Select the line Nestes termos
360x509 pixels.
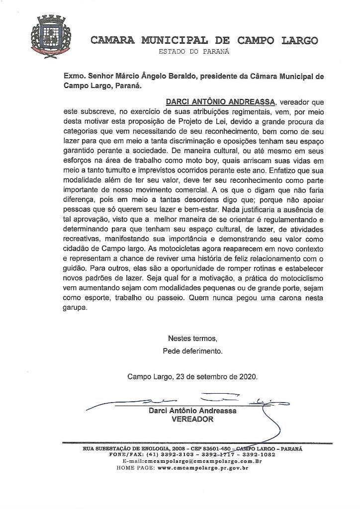click(192, 339)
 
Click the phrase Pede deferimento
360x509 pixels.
click(192, 350)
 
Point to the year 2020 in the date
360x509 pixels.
click(248, 376)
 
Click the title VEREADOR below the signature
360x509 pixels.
click(192, 419)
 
